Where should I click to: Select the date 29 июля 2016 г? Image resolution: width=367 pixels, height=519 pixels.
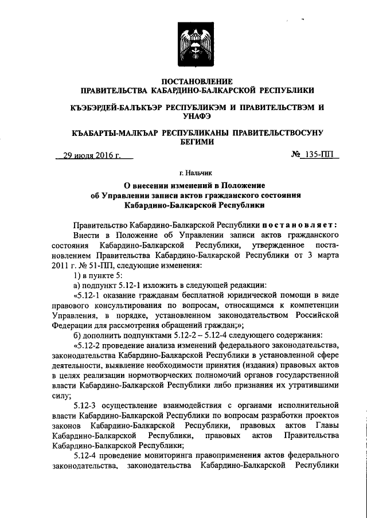pyautogui.click(x=92, y=155)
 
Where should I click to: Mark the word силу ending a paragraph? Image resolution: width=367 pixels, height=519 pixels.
pyautogui.click(x=61, y=396)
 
